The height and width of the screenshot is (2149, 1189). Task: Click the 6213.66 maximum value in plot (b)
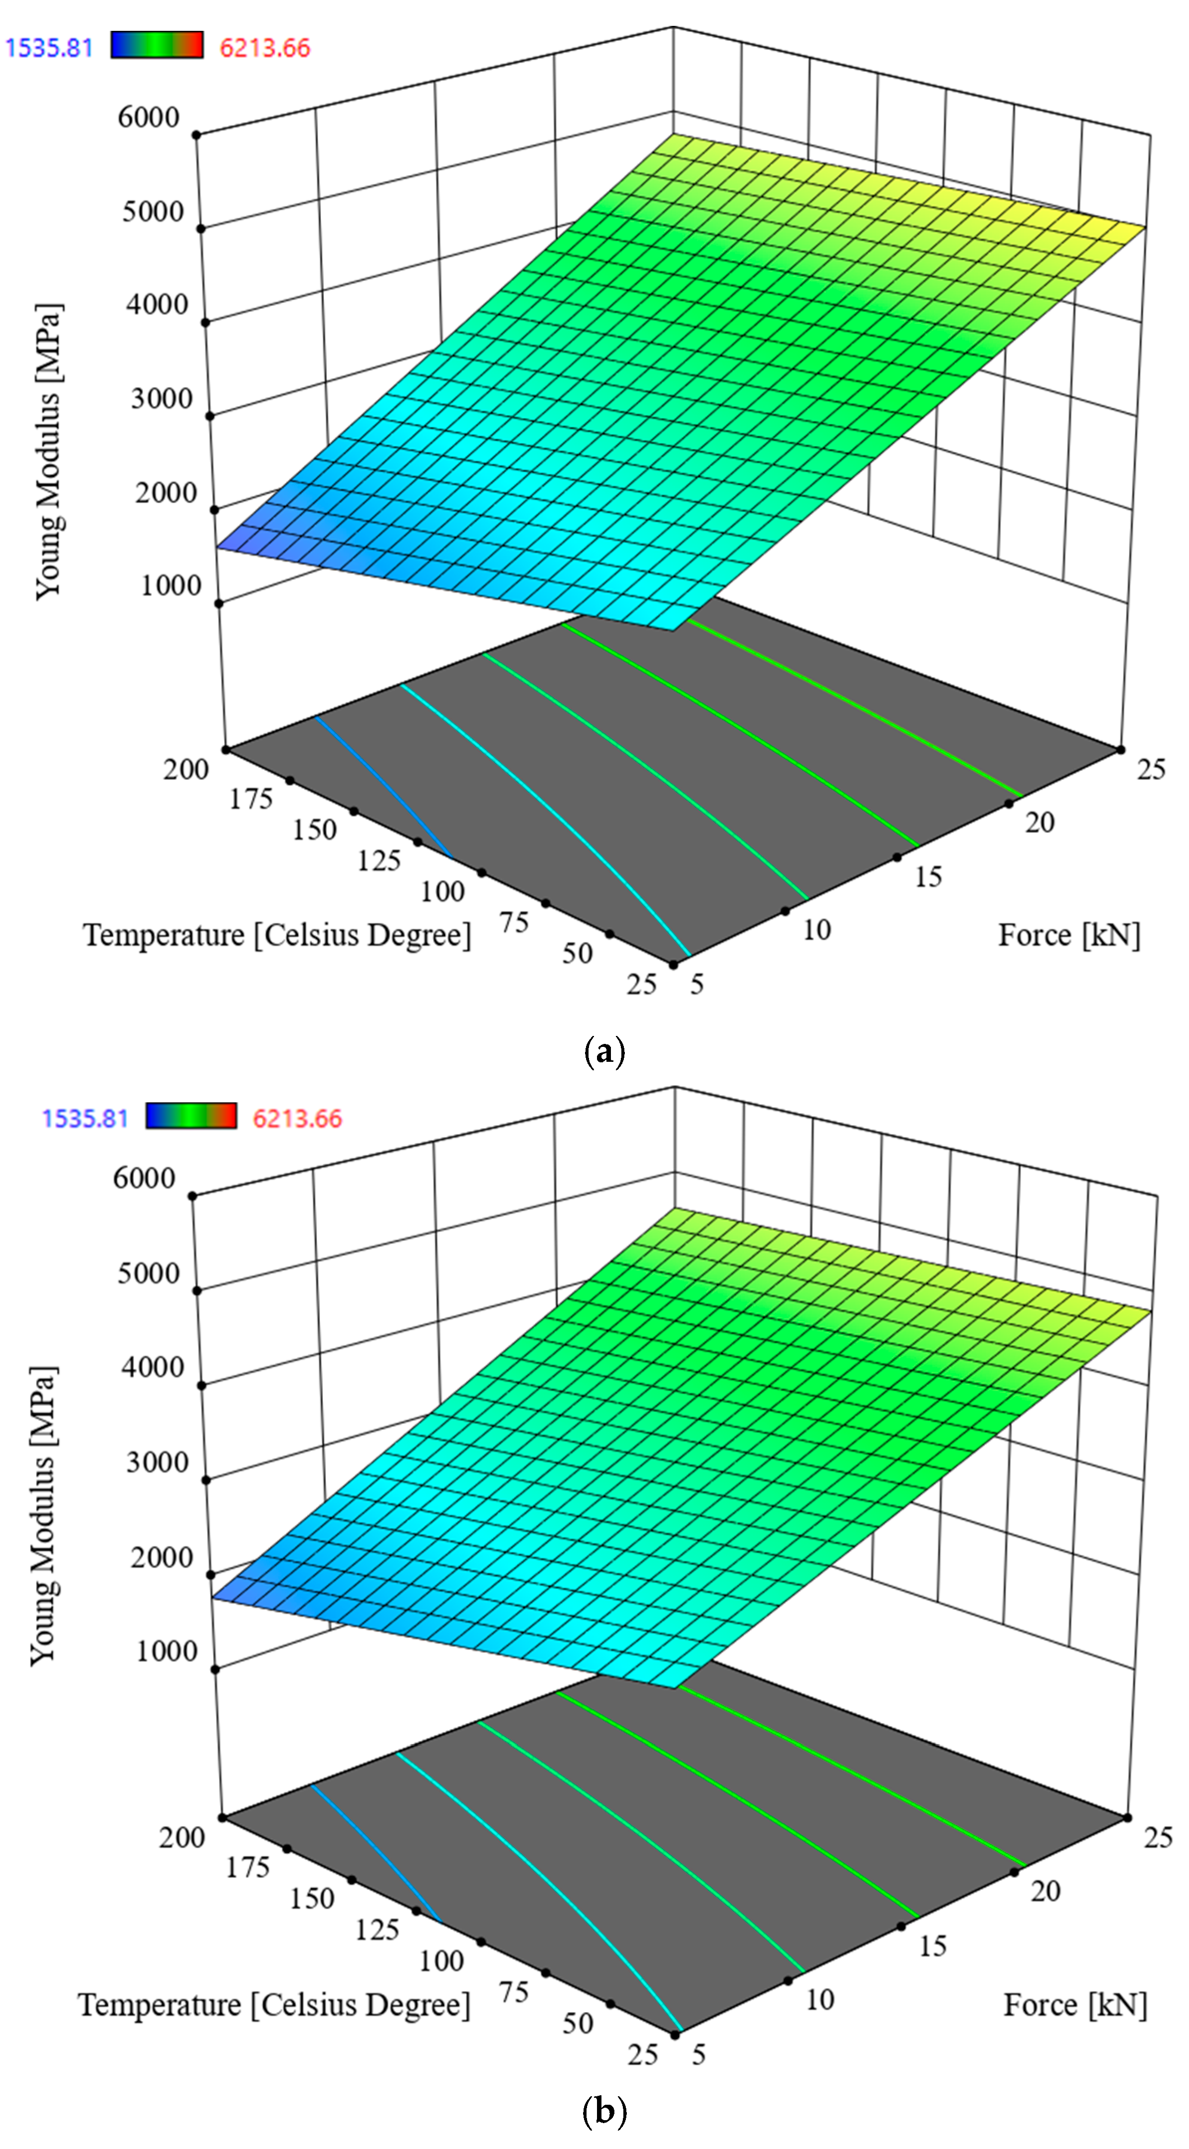coord(297,1119)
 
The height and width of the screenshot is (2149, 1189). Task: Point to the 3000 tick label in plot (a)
coord(162,399)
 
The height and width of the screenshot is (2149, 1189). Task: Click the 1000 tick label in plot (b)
coord(167,1651)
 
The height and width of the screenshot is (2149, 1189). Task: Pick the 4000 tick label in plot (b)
coord(153,1367)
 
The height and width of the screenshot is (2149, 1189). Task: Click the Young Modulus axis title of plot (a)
coord(48,451)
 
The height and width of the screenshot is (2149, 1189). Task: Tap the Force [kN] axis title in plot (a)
coord(1069,935)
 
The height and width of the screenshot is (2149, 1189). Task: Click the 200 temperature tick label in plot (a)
coord(185,768)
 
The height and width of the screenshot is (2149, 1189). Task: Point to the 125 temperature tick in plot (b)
coord(377,1930)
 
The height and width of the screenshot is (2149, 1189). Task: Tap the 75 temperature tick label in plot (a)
coord(514,923)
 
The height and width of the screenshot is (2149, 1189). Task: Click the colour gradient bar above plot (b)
coord(191,1116)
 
